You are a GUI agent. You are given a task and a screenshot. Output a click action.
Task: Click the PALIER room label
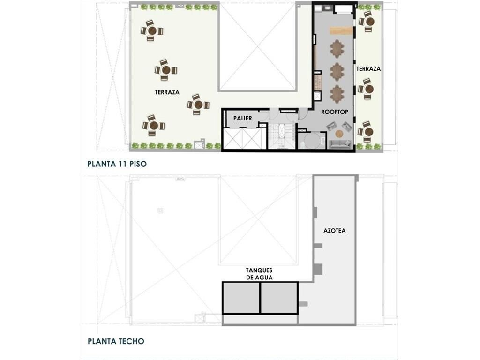pos(242,118)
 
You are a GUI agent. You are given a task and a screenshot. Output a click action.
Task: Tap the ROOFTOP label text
pos(335,112)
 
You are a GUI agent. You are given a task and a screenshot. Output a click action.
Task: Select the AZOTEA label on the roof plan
pos(335,231)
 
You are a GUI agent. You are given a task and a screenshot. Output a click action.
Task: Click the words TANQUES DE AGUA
pos(259,274)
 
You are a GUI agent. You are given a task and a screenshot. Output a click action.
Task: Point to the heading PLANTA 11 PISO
pos(117,164)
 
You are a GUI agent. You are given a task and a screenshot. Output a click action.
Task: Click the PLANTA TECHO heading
pos(116,341)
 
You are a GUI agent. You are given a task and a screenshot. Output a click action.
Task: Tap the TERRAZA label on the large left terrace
pos(167,92)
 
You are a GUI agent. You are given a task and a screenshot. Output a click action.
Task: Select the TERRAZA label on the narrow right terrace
pos(368,69)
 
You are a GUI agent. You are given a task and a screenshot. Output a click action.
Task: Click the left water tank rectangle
pos(241,298)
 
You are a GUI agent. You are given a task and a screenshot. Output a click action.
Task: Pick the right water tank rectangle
pos(279,298)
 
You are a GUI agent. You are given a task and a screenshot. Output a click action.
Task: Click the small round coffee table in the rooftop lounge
pos(339,134)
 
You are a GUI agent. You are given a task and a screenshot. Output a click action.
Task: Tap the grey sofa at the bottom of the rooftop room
pos(340,144)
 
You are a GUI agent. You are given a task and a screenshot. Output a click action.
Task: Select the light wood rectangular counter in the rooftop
pos(341,30)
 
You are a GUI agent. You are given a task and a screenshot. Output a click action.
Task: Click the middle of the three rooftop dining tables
pos(337,71)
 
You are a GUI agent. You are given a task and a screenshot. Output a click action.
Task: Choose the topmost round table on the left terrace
pos(152,30)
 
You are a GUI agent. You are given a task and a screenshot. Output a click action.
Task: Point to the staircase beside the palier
pos(281,136)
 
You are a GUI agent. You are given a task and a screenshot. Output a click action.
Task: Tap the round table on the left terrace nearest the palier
pos(198,105)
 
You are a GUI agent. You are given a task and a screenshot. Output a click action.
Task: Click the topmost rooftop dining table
pos(337,49)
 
